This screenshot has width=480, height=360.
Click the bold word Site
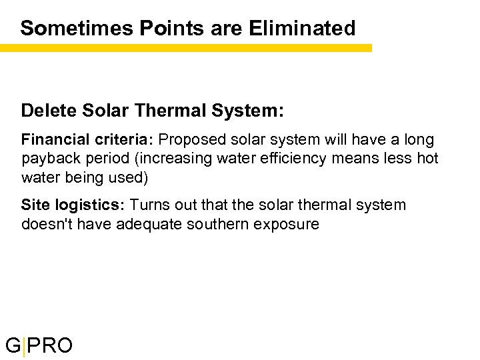point(34,205)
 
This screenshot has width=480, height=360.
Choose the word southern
point(215,223)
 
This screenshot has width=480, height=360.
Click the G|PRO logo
point(39,345)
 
